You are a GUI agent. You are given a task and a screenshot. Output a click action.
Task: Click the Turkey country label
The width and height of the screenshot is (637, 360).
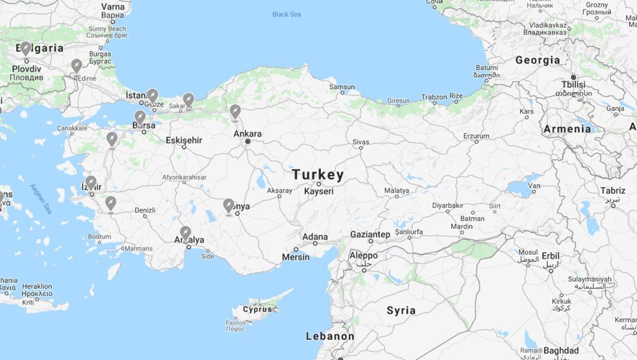click(318, 175)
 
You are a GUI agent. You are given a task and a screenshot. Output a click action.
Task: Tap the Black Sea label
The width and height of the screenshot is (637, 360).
click(287, 14)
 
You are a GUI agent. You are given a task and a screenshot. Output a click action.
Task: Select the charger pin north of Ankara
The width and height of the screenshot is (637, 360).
click(235, 112)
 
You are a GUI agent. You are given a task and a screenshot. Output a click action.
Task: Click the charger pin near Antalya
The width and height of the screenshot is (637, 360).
click(185, 233)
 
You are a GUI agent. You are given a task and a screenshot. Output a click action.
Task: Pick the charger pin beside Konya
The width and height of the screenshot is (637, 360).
click(229, 205)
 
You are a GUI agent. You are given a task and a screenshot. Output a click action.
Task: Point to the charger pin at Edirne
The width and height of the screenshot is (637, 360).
click(77, 66)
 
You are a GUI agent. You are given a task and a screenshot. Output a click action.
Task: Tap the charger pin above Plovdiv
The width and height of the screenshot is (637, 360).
click(26, 49)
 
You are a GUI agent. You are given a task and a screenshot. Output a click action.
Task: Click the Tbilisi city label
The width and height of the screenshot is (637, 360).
click(573, 84)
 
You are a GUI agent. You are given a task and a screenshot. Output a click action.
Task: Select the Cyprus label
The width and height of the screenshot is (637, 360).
click(257, 309)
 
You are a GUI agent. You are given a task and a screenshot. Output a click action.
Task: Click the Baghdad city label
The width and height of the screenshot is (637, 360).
click(561, 350)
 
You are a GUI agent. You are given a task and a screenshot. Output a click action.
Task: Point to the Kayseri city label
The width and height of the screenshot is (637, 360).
click(318, 191)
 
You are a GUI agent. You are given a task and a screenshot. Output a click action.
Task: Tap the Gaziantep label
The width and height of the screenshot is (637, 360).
click(370, 234)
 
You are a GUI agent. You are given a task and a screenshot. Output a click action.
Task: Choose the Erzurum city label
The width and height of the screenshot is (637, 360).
click(476, 136)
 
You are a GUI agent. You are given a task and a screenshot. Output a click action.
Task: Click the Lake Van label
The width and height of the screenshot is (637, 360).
click(534, 186)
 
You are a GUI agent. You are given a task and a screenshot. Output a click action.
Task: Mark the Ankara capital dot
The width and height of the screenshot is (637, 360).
click(248, 142)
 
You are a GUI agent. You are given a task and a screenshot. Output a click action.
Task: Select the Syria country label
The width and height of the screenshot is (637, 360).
click(401, 311)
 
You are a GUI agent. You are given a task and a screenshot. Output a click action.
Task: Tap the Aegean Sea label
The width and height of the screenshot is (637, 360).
click(40, 199)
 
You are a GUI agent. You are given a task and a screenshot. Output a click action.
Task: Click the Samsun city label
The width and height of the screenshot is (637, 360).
click(341, 87)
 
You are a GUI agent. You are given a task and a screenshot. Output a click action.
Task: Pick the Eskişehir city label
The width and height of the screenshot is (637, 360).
click(184, 140)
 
